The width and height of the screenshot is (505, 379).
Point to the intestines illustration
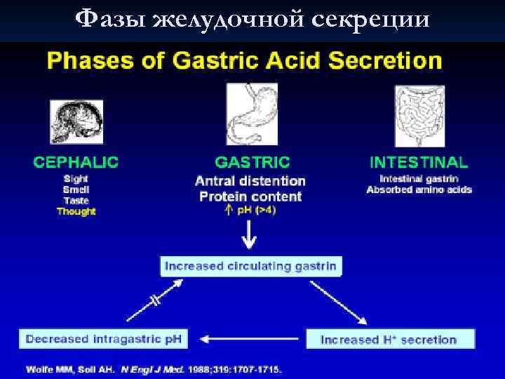419,117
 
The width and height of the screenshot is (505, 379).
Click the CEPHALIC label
76,162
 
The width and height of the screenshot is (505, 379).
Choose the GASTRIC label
252,162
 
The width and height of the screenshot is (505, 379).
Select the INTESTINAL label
419,162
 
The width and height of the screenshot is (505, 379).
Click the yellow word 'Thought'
76,211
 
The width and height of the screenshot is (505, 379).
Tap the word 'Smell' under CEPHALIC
76,189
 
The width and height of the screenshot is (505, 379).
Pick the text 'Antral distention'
250,181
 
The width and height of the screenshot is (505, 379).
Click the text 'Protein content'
250,197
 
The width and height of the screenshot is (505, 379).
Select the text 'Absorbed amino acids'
419,190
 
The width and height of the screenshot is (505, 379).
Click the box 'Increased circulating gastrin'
250,266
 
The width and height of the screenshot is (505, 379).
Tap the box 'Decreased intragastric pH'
104,339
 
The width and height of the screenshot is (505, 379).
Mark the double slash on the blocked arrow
155,299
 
